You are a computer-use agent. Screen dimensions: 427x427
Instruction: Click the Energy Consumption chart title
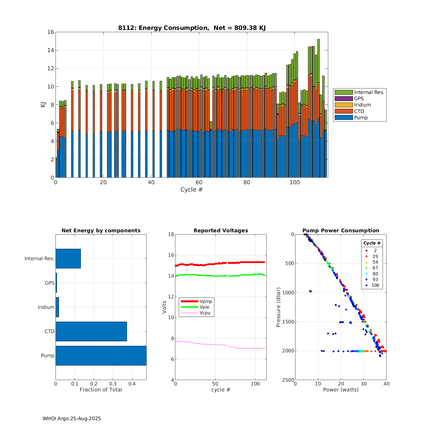click(x=192, y=28)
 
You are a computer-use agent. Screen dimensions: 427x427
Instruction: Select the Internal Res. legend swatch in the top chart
click(x=344, y=92)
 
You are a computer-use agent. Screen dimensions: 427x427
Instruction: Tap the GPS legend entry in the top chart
click(x=359, y=98)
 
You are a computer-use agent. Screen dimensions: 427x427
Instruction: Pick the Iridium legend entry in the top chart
click(x=362, y=105)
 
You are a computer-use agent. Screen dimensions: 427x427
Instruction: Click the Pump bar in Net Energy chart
click(x=101, y=356)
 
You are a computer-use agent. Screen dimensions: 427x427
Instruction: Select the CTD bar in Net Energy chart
click(x=91, y=331)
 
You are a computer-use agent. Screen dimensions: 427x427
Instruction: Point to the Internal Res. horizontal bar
click(x=68, y=258)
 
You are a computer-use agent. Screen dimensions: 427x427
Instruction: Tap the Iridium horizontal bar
click(x=57, y=307)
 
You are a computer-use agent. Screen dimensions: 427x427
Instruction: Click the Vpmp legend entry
click(x=206, y=301)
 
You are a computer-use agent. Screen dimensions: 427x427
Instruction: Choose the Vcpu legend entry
click(x=205, y=313)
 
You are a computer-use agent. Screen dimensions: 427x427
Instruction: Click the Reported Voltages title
click(x=221, y=231)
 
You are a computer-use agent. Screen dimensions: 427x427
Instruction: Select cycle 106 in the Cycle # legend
click(x=375, y=285)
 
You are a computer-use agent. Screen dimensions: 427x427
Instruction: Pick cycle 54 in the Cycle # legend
click(x=375, y=262)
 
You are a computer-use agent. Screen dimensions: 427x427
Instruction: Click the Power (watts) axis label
click(x=341, y=390)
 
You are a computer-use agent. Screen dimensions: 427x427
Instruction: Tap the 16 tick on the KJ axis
click(x=51, y=32)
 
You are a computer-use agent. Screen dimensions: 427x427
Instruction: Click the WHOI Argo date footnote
click(x=72, y=418)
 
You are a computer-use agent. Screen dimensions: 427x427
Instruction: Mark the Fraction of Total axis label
click(x=101, y=390)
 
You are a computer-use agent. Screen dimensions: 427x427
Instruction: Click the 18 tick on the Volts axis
click(x=171, y=234)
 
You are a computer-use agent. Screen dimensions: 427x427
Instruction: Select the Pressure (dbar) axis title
click(x=278, y=307)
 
